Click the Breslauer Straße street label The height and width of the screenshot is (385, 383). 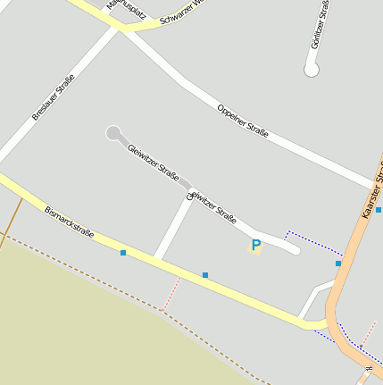[53, 97]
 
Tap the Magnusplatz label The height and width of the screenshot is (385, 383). [126, 10]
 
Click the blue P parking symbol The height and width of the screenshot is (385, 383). [256, 245]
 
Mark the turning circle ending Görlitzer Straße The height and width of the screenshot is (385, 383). [312, 70]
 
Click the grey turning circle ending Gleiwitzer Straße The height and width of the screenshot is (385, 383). [113, 133]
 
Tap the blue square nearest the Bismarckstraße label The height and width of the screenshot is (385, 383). [123, 253]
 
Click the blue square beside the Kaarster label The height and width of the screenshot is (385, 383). [379, 210]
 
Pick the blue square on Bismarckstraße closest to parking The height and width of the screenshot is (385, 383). [205, 275]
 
